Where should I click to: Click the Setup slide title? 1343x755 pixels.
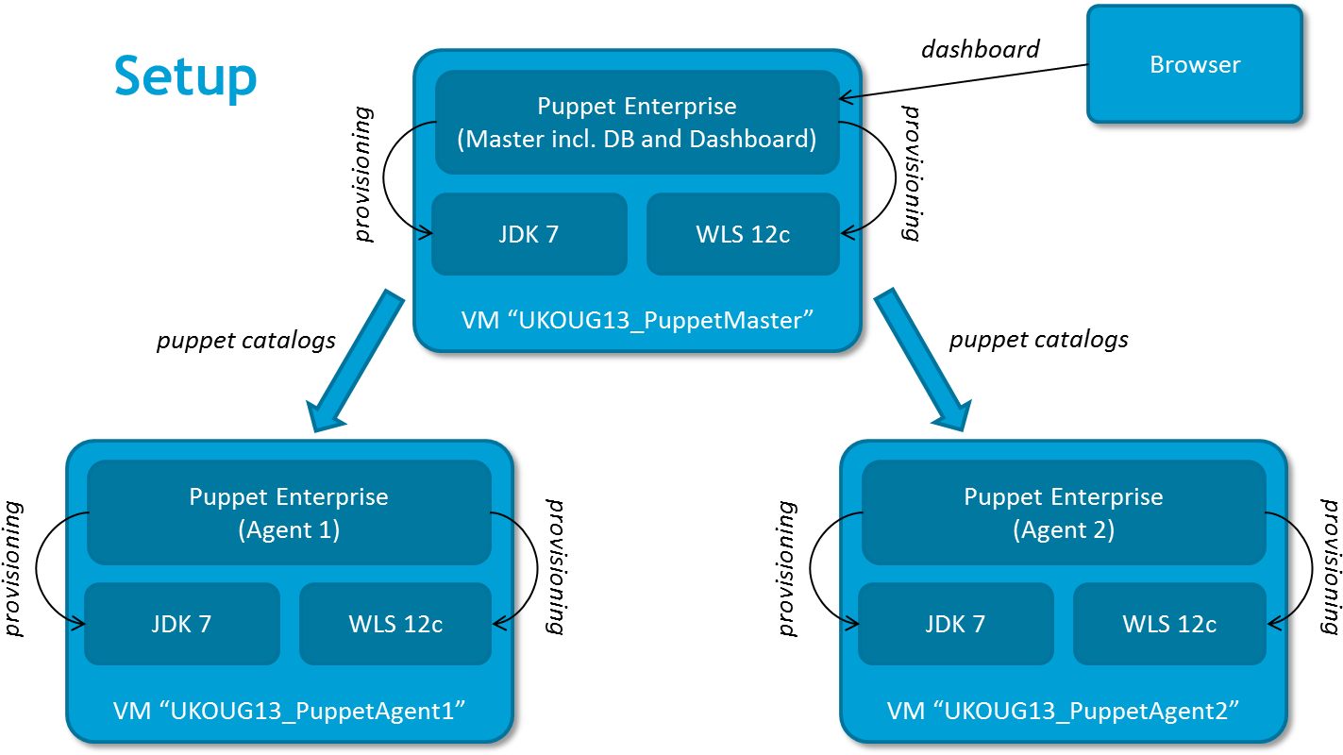click(x=185, y=76)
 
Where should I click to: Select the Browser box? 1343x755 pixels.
click(x=1194, y=64)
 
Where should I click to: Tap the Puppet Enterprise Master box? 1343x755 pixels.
click(x=637, y=122)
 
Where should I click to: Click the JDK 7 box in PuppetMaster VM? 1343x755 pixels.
click(x=529, y=234)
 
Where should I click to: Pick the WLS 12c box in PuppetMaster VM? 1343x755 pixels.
click(x=743, y=234)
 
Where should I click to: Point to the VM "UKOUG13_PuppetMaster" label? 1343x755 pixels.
click(x=637, y=320)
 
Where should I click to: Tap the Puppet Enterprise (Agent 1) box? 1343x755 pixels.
click(x=289, y=512)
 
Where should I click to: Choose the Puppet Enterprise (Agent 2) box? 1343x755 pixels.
click(x=1064, y=512)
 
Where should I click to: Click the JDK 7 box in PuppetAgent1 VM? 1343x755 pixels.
click(x=181, y=624)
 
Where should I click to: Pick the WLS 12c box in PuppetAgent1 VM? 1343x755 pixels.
click(x=395, y=624)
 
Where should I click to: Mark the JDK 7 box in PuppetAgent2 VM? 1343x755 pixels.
click(x=955, y=624)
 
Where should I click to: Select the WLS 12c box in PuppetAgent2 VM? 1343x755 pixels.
click(x=1169, y=624)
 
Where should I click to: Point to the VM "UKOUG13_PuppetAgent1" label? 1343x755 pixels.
click(x=290, y=710)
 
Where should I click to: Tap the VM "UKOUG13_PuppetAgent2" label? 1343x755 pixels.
click(x=1064, y=710)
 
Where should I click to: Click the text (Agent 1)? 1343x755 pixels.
click(x=289, y=530)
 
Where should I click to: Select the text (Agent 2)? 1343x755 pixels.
click(x=1064, y=530)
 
